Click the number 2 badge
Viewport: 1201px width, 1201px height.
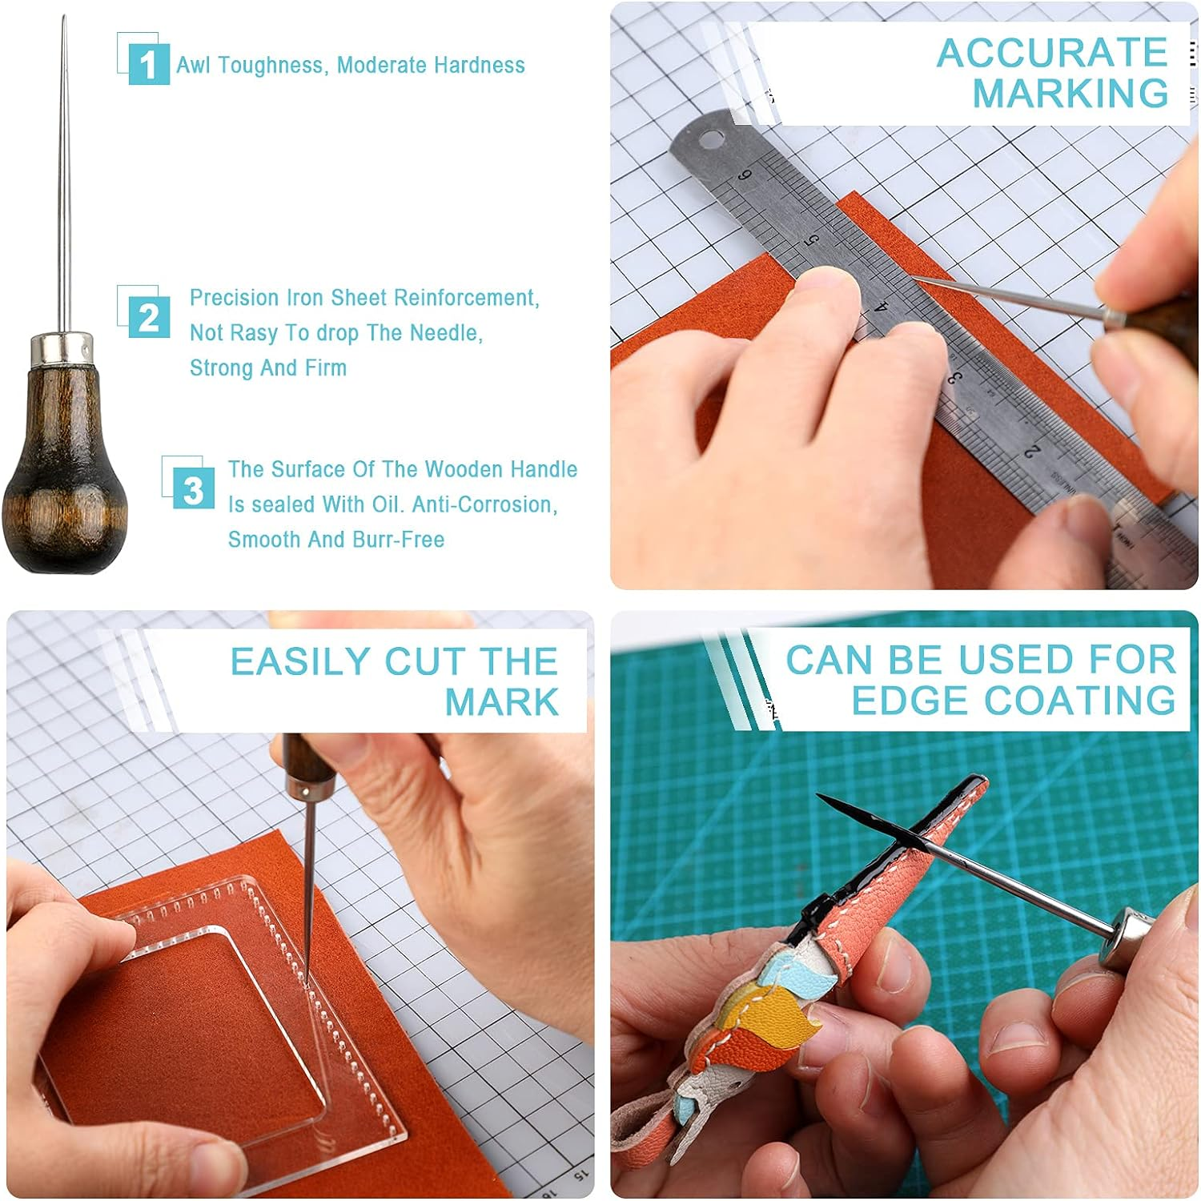click(x=149, y=318)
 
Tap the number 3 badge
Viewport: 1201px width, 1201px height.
click(x=193, y=489)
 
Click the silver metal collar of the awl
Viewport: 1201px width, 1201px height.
click(x=62, y=348)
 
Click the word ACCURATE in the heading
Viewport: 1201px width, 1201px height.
click(x=1052, y=54)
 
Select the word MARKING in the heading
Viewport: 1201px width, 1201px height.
click(x=1070, y=94)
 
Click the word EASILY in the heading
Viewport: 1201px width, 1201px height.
click(x=300, y=662)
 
